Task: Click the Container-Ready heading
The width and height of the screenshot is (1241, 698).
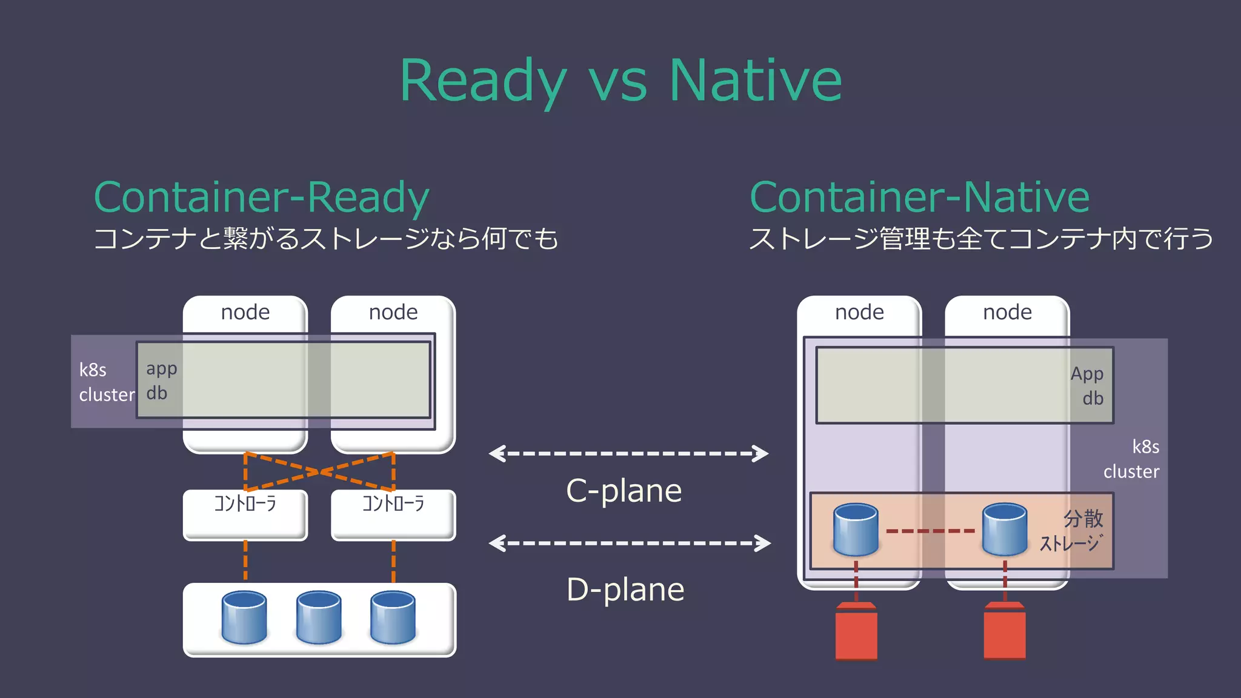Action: click(261, 197)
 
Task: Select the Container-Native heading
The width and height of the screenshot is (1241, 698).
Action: click(919, 197)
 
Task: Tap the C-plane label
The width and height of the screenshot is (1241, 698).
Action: click(624, 491)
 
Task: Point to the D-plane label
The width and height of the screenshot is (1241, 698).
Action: click(625, 590)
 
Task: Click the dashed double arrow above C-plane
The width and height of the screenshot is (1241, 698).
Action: click(628, 453)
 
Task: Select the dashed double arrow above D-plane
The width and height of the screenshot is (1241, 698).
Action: click(630, 543)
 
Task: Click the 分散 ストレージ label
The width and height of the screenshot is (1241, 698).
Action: click(1072, 531)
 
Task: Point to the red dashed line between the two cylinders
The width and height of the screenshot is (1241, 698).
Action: click(930, 531)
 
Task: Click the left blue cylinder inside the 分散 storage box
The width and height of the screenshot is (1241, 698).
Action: click(856, 530)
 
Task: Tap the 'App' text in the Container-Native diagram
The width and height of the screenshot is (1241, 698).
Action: click(1086, 374)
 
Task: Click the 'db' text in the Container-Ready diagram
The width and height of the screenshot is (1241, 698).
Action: click(156, 393)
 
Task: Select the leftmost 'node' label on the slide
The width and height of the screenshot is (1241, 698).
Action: click(245, 312)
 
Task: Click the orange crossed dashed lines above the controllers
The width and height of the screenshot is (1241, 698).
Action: click(319, 471)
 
